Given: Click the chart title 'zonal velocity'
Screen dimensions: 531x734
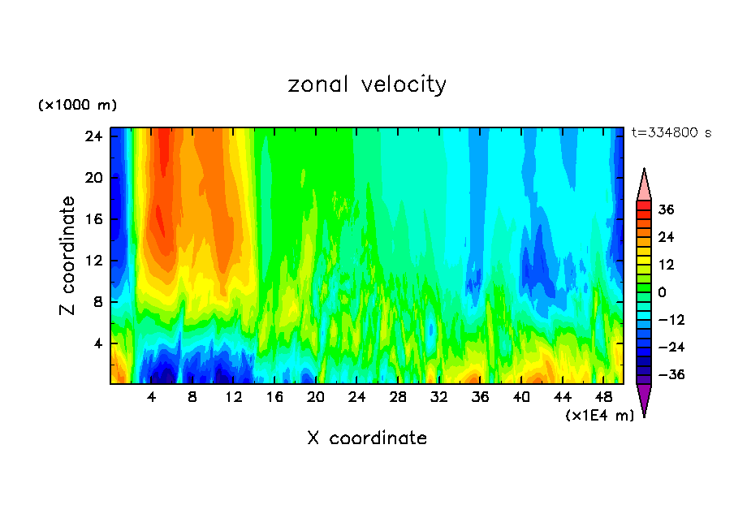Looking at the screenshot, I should click(x=367, y=84).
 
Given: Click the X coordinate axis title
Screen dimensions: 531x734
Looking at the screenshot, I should click(x=367, y=438).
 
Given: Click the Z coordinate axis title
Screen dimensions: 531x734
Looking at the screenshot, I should click(x=68, y=256).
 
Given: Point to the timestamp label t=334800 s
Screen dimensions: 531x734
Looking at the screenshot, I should click(x=671, y=133).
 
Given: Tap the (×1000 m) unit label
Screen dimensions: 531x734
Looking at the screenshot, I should click(x=77, y=106).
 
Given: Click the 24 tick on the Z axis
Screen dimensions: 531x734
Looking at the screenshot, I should click(x=92, y=136).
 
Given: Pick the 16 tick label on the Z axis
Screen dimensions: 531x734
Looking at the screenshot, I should click(x=92, y=219).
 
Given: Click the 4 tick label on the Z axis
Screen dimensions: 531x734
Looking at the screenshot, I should click(x=95, y=343).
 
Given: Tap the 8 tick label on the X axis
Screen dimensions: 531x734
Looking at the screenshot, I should click(x=192, y=397).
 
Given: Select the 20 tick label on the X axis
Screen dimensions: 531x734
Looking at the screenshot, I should click(x=316, y=397).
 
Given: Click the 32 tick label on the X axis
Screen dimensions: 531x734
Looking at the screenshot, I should click(x=439, y=397).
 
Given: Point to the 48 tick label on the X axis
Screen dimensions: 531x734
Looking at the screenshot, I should click(x=603, y=397).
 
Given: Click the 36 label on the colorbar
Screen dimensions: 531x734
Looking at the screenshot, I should click(x=666, y=209).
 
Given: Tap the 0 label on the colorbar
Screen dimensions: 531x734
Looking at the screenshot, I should click(x=663, y=292).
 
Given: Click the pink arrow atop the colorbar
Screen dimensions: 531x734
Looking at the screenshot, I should click(x=644, y=186).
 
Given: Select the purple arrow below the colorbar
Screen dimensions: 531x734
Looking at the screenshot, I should click(x=644, y=399).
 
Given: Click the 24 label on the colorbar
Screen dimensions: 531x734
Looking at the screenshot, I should click(x=666, y=237).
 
